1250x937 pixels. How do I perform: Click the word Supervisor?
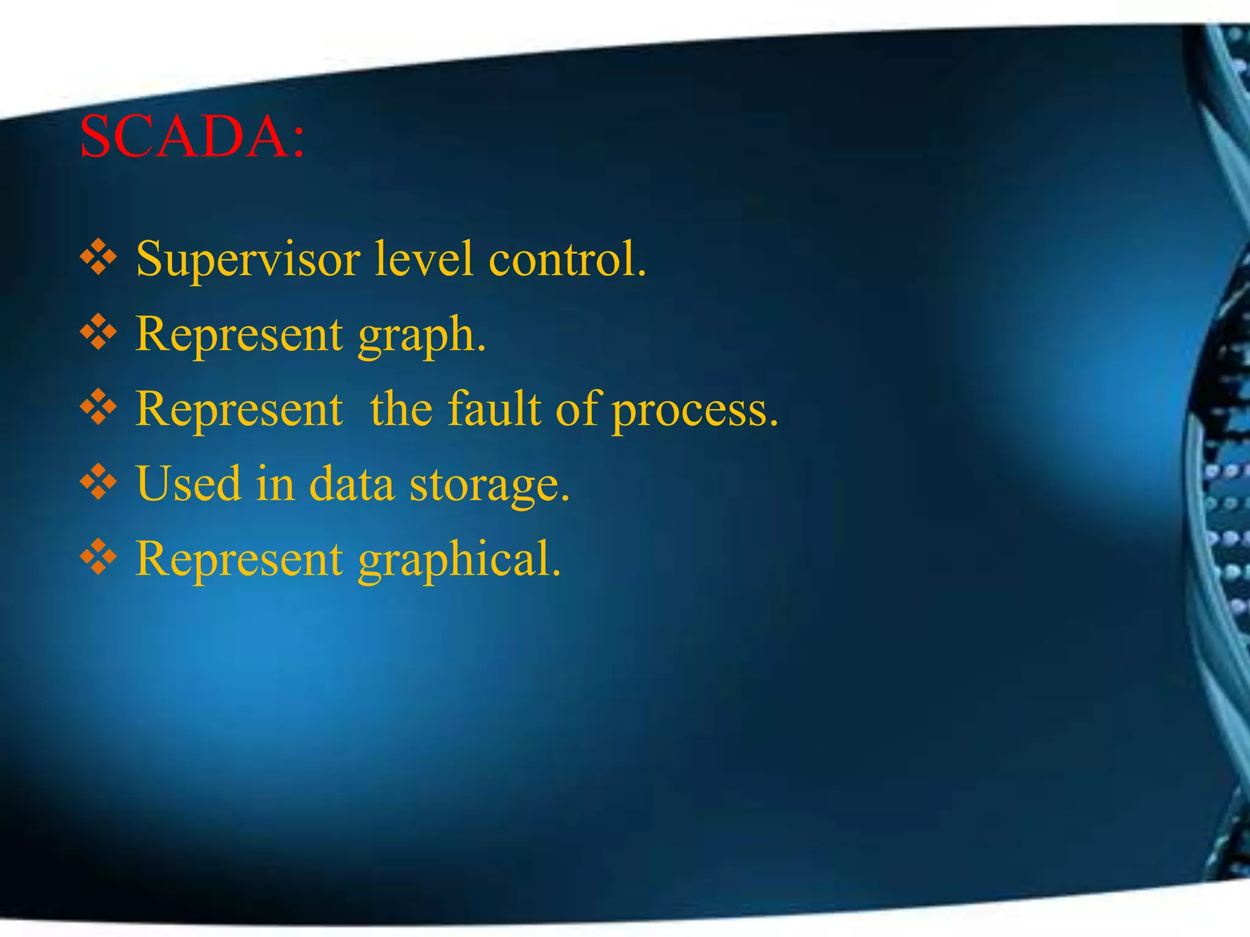248,259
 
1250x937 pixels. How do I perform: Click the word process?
695,410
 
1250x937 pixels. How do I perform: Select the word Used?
189,484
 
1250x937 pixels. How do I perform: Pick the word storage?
490,485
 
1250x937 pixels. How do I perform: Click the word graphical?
459,560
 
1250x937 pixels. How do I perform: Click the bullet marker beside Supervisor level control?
98,258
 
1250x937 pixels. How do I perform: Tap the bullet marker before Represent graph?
98,334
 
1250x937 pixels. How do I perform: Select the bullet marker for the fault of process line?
98,409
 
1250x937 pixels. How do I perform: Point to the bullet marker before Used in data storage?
98,484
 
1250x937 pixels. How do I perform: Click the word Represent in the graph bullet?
239,334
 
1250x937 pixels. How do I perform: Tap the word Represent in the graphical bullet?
239,559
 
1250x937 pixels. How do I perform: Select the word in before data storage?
275,484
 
